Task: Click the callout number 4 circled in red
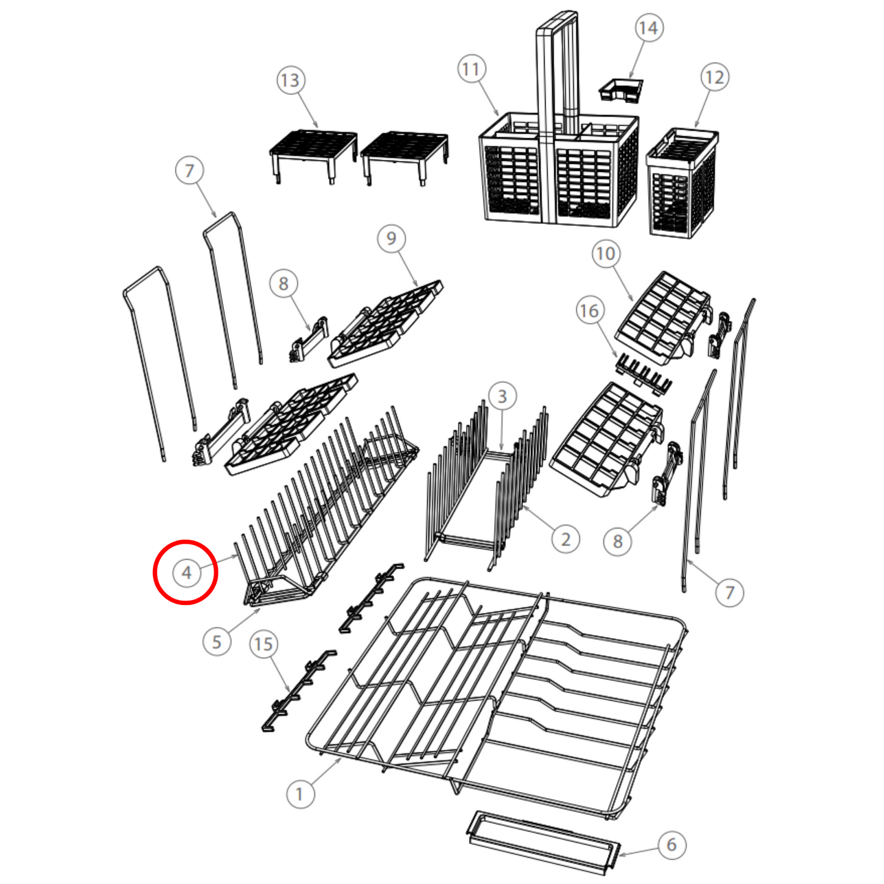186,572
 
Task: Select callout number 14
648,28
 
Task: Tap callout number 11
471,69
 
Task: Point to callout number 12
715,77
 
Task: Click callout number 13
291,80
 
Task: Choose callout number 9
392,238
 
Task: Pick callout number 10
606,253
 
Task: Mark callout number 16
590,311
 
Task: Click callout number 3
502,396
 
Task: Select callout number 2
566,539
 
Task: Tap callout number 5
217,642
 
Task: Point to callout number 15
264,644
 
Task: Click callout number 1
300,793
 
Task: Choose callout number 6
672,844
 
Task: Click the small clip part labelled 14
621,91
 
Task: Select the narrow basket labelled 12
682,183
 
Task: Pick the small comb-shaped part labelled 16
643,373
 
